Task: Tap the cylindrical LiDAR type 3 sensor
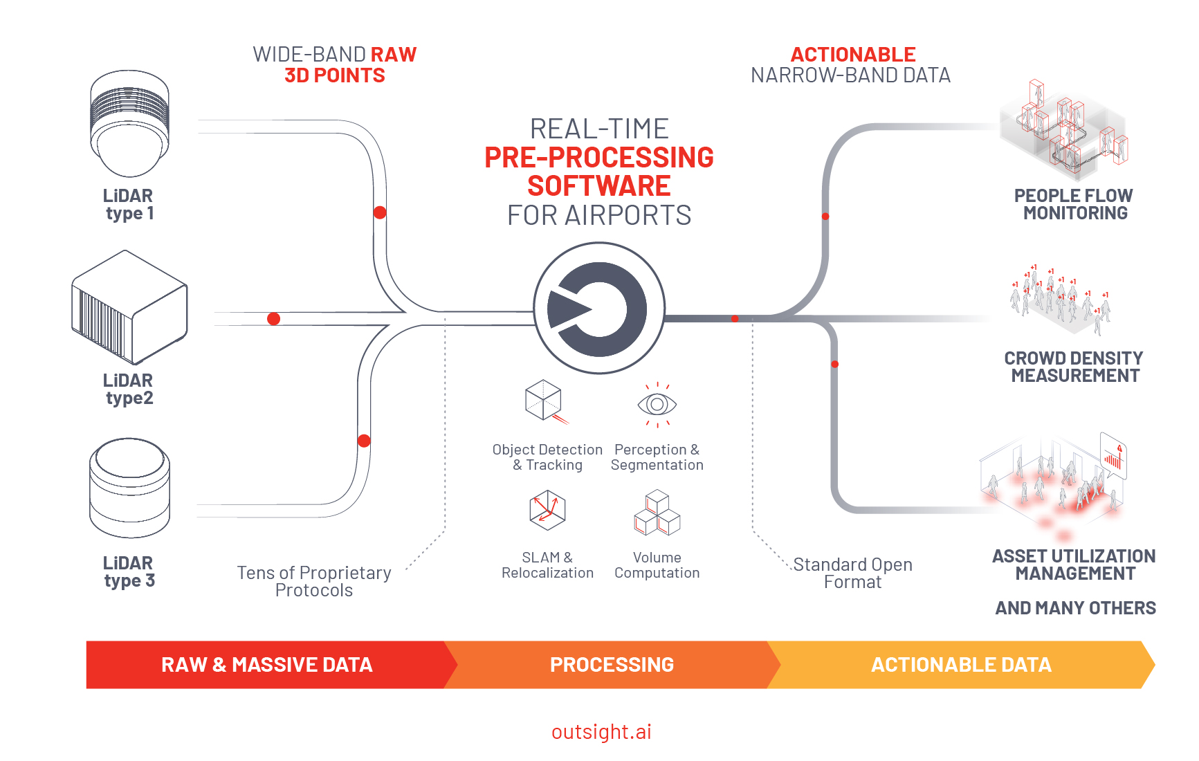pos(129,487)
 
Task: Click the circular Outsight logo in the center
pos(599,308)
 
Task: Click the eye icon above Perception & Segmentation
pos(657,404)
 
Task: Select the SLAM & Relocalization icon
pos(547,510)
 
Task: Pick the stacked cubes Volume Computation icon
pos(657,513)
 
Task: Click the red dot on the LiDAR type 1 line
pos(380,212)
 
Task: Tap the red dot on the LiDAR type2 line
pos(274,319)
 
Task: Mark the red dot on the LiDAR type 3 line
pos(365,441)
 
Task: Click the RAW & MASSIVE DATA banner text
pos(267,665)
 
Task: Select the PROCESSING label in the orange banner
pos(612,665)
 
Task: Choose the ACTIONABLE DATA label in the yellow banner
pos(961,665)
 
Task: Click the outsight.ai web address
pos(601,732)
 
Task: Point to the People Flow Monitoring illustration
pos(1064,128)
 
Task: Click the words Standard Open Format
pos(852,574)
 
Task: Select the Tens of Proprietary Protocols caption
pos(314,582)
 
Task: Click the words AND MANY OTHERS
pos(1075,608)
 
